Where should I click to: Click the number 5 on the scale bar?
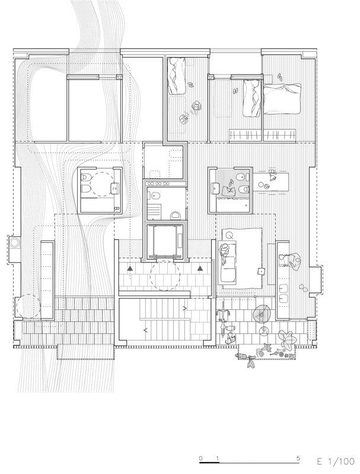click(x=298, y=458)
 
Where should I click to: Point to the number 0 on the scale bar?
click(x=201, y=458)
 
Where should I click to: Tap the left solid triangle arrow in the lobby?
click(x=130, y=268)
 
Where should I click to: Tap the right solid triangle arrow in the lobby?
click(x=200, y=268)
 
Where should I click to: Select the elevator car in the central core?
click(x=164, y=241)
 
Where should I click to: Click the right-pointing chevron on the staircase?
click(x=184, y=308)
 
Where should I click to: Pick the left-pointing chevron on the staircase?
click(x=145, y=330)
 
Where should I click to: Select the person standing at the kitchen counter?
click(x=291, y=260)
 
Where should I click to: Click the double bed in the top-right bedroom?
click(x=282, y=99)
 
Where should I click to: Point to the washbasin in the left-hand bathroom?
click(x=115, y=188)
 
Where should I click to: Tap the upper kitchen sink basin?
click(x=284, y=287)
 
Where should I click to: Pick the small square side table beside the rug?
click(x=260, y=271)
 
